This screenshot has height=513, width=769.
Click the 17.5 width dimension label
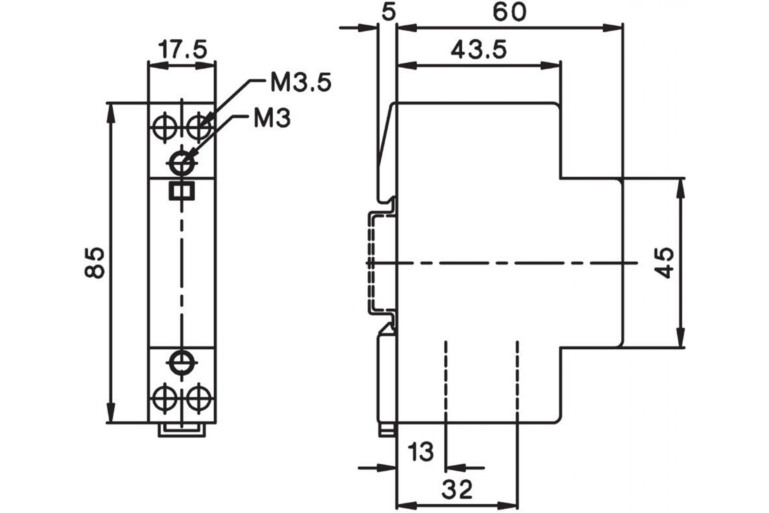pos(183,50)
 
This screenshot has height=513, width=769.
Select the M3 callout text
pos(272,118)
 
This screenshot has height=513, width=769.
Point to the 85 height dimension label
pos(95,262)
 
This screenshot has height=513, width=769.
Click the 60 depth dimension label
pos(509,13)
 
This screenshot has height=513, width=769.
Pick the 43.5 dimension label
pos(479,50)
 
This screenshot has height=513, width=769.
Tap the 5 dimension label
pos(388,13)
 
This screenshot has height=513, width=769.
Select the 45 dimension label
pos(664,263)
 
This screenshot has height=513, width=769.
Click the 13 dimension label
pos(421,451)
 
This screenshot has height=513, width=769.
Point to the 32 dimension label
pos(457,490)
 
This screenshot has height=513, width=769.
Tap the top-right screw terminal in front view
pos(198,127)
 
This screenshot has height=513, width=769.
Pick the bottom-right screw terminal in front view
pos(198,399)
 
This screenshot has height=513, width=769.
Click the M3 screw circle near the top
pos(182,163)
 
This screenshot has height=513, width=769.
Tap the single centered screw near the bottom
pos(182,363)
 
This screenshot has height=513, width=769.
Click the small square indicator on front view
pos(182,191)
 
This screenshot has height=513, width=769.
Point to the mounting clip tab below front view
pos(182,430)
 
